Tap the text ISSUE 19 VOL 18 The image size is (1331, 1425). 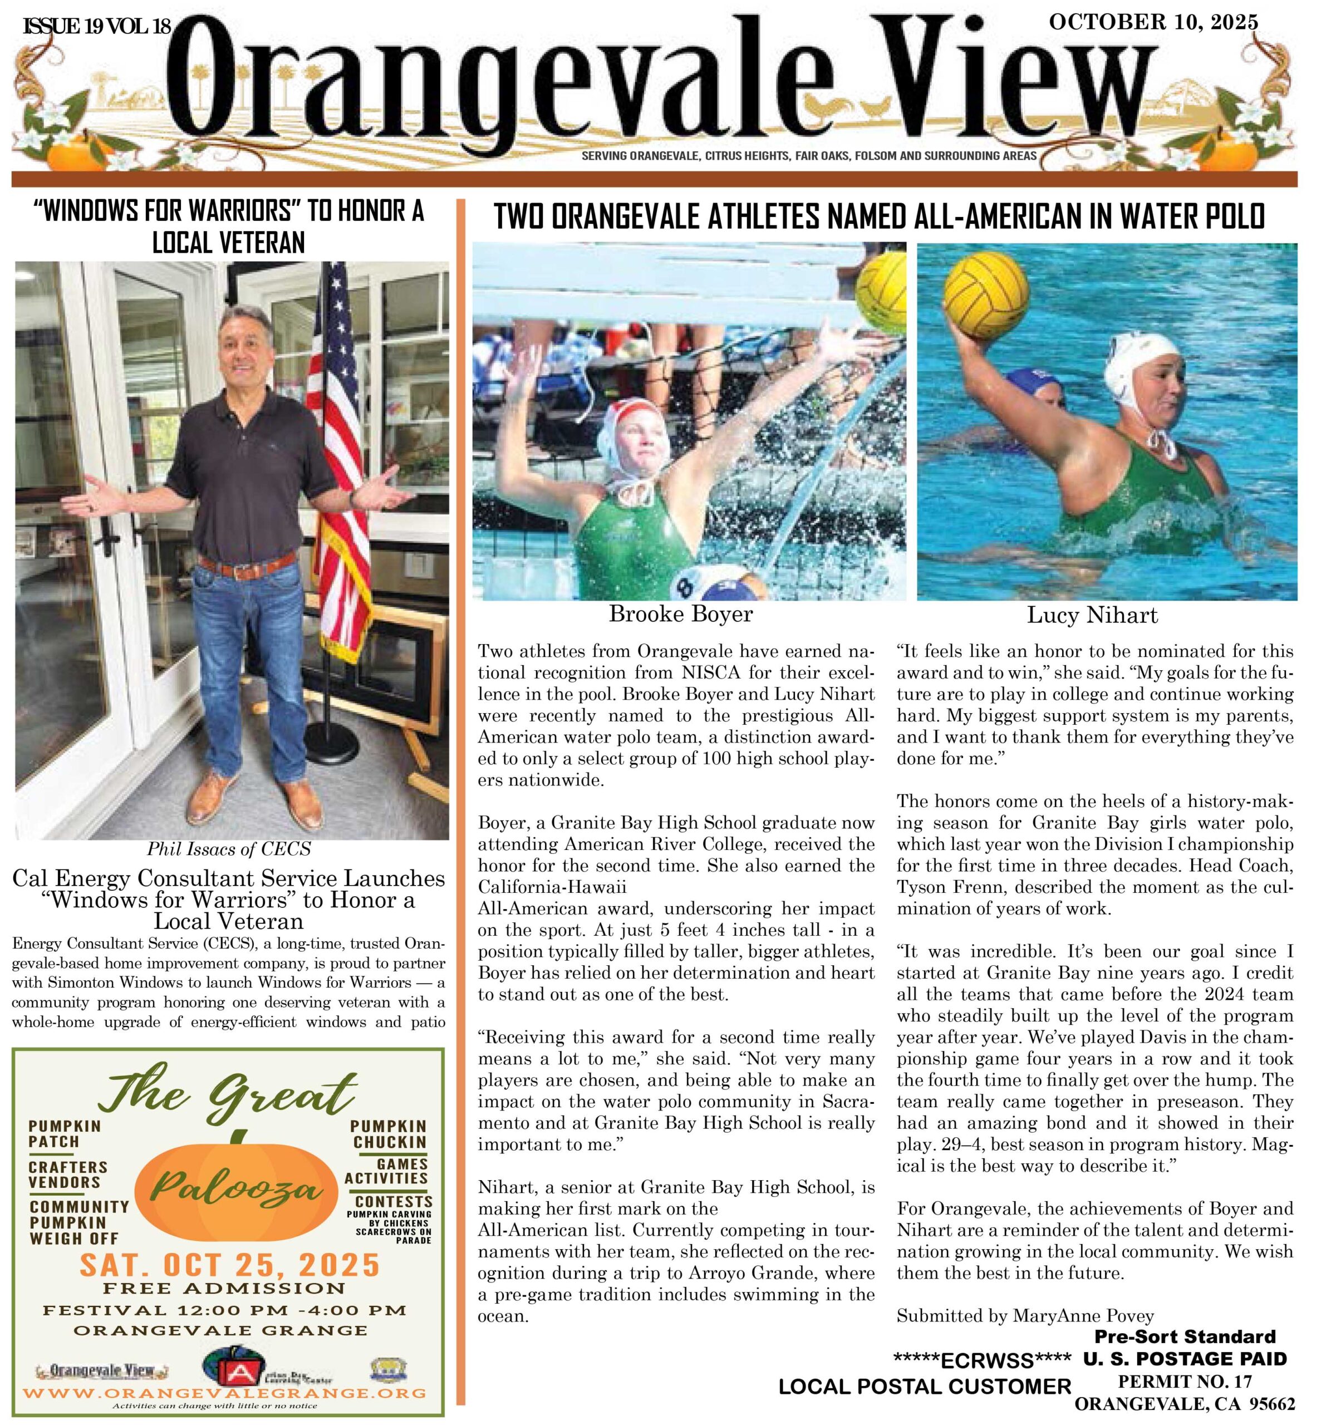pos(97,27)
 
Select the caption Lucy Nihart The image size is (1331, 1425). pos(1092,615)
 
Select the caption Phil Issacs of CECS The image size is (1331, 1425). pos(229,849)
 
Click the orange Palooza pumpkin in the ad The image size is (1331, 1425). pos(235,1190)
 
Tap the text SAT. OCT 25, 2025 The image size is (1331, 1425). pos(229,1265)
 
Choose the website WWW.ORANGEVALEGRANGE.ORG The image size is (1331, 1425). pos(224,1393)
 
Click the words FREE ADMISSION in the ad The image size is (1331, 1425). pos(224,1288)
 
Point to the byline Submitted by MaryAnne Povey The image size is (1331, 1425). pos(1025,1315)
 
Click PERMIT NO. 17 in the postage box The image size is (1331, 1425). pos(1184,1380)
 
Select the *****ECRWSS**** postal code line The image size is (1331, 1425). pos(981,1359)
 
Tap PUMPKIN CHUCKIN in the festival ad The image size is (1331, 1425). pos(389,1134)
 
